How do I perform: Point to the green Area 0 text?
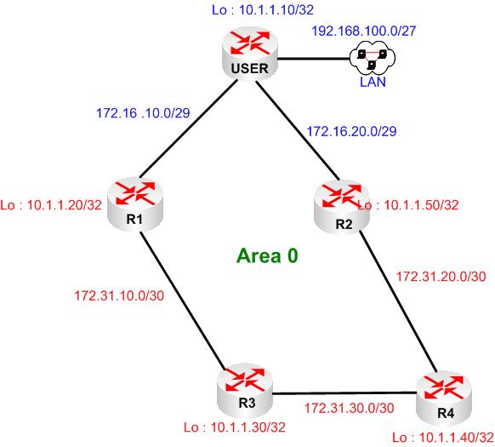[x=267, y=255]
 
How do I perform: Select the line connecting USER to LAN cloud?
[x=316, y=59]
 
